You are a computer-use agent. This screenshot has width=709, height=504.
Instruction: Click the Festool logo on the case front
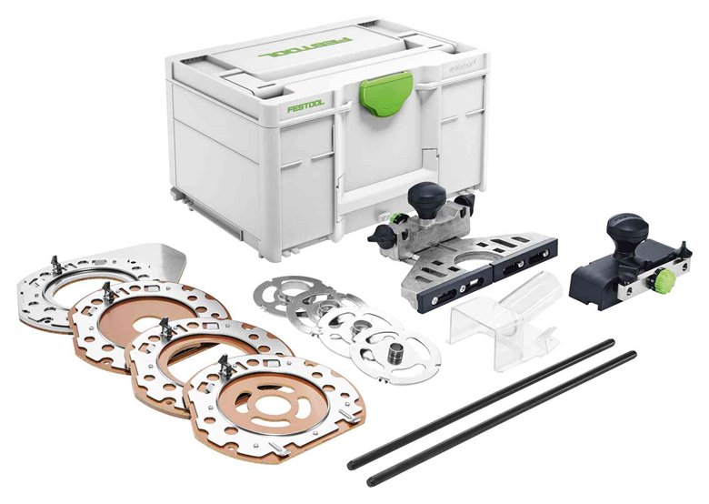(x=306, y=106)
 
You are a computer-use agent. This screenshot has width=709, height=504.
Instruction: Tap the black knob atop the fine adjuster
(x=625, y=226)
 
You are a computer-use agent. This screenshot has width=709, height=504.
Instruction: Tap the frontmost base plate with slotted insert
(x=272, y=401)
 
